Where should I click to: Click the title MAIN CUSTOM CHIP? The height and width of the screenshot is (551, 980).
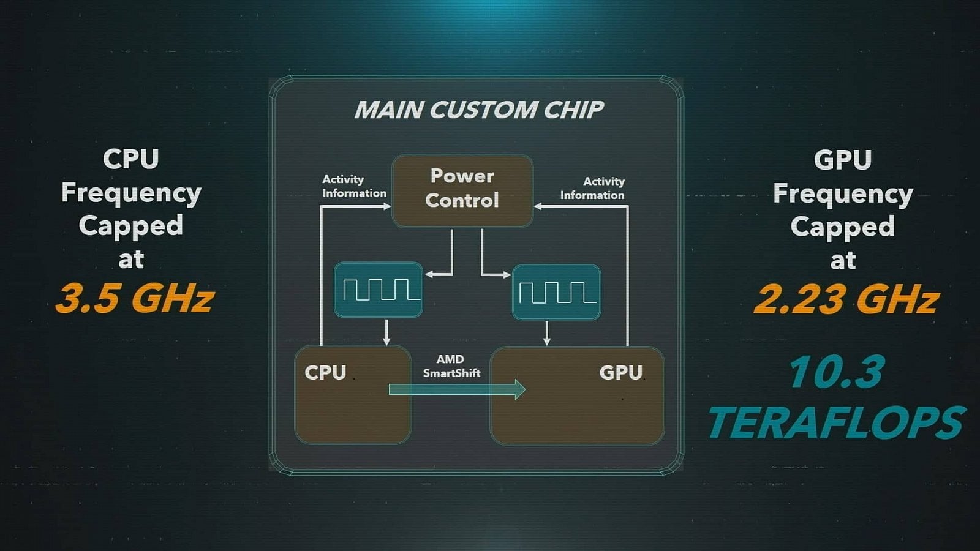pyautogui.click(x=478, y=110)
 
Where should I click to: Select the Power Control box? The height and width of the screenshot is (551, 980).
pyautogui.click(x=462, y=190)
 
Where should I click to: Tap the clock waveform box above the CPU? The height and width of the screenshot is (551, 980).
pyautogui.click(x=379, y=290)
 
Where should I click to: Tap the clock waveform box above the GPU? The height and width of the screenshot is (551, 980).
pyautogui.click(x=556, y=292)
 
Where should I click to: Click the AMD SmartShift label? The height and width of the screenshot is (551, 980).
pyautogui.click(x=451, y=366)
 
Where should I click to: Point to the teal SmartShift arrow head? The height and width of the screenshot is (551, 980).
pyautogui.click(x=520, y=389)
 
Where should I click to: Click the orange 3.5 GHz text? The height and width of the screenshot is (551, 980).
pyautogui.click(x=135, y=298)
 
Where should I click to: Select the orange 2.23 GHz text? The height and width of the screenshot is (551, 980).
pyautogui.click(x=846, y=299)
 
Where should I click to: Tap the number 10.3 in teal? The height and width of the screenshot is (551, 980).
pyautogui.click(x=837, y=372)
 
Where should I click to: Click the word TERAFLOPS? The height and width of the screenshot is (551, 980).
pyautogui.click(x=836, y=422)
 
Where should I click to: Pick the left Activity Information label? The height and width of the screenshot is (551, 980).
pyautogui.click(x=353, y=186)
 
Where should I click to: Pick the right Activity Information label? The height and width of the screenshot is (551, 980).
pyautogui.click(x=593, y=189)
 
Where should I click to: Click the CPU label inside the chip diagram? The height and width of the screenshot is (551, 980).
pyautogui.click(x=325, y=372)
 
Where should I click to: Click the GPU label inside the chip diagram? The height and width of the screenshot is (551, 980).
pyautogui.click(x=620, y=372)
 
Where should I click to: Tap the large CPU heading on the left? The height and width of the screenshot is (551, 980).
pyautogui.click(x=131, y=159)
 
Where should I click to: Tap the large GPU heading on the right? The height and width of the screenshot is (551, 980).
pyautogui.click(x=842, y=160)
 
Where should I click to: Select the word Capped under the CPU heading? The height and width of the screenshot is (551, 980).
pyautogui.click(x=131, y=226)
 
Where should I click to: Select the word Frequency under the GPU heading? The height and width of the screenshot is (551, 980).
pyautogui.click(x=843, y=194)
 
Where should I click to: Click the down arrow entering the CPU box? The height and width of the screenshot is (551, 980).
pyautogui.click(x=386, y=334)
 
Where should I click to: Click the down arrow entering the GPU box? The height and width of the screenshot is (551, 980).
pyautogui.click(x=547, y=334)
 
